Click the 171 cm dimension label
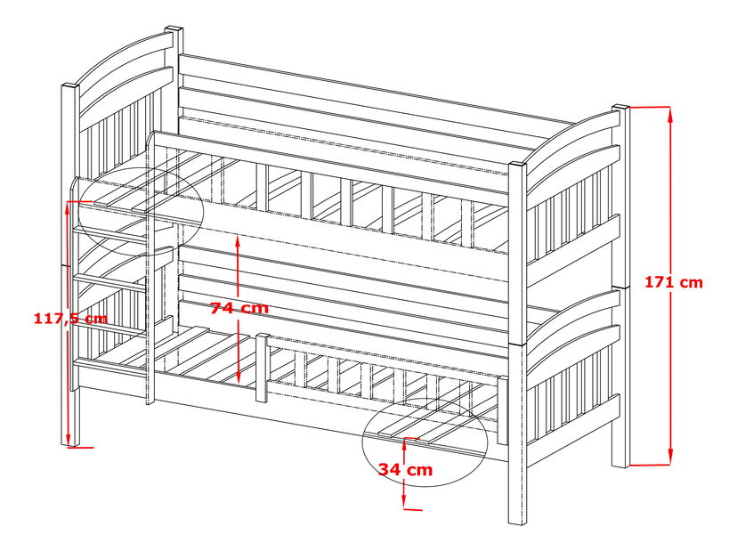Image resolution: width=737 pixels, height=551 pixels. [x=673, y=282]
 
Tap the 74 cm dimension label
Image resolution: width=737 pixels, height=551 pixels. [x=239, y=308]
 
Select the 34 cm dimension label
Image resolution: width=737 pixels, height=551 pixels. [x=406, y=469]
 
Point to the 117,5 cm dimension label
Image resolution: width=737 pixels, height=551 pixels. [x=70, y=319]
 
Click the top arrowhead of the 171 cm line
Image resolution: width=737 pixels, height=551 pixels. [x=669, y=114]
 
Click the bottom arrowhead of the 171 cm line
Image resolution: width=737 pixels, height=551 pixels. [x=669, y=457]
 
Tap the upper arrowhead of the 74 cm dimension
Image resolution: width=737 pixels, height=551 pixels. [x=239, y=243]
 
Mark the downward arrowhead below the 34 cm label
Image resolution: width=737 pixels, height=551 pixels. [x=404, y=501]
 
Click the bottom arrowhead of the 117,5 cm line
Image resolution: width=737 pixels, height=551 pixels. [x=69, y=439]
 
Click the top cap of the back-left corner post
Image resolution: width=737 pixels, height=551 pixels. [x=174, y=29]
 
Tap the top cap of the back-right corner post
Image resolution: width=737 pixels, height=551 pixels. [x=621, y=108]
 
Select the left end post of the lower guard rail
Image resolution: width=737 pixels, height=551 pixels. [x=263, y=367]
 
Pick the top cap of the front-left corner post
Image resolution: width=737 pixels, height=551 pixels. [x=70, y=86]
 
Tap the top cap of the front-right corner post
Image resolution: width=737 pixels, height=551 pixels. [x=517, y=165]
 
